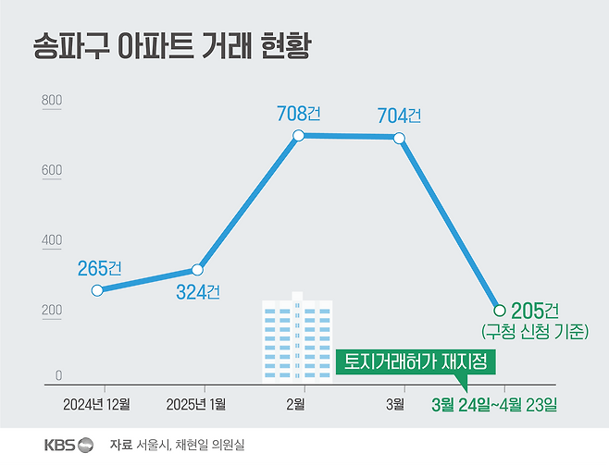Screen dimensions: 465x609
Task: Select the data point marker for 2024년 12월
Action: pyautogui.click(x=97, y=290)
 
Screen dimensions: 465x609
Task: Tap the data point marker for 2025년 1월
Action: pyautogui.click(x=197, y=270)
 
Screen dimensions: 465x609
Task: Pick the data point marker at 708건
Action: pyautogui.click(x=298, y=136)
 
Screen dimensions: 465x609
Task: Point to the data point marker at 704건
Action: pyautogui.click(x=399, y=138)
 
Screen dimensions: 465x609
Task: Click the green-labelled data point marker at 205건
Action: pyautogui.click(x=500, y=310)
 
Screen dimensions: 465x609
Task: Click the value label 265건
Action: pyautogui.click(x=101, y=268)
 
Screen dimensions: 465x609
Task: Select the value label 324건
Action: pyautogui.click(x=198, y=292)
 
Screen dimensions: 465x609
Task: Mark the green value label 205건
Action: pyautogui.click(x=536, y=310)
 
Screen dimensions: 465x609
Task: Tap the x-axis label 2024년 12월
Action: pyautogui.click(x=97, y=403)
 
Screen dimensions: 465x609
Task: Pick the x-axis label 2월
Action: pyautogui.click(x=296, y=403)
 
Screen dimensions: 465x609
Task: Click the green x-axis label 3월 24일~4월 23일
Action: pyautogui.click(x=496, y=404)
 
